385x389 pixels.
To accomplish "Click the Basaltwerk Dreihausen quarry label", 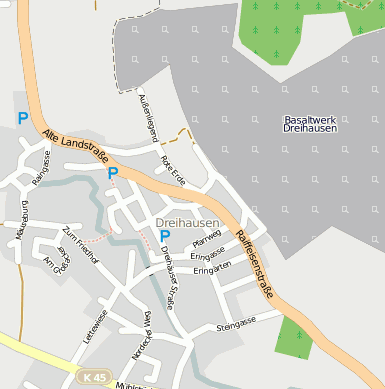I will click(310, 124).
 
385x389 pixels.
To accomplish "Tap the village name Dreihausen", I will click(187, 222).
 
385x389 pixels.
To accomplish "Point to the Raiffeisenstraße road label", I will click(256, 266).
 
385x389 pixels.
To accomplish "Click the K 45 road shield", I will click(92, 376).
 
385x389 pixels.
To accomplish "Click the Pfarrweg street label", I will click(206, 241).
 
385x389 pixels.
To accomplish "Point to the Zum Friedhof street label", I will click(81, 245).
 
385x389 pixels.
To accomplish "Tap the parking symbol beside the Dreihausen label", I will click(165, 237).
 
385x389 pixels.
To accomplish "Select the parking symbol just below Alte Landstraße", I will click(113, 173).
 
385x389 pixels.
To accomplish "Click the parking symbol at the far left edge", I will click(22, 118).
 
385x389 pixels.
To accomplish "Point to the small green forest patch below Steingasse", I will click(294, 339).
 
